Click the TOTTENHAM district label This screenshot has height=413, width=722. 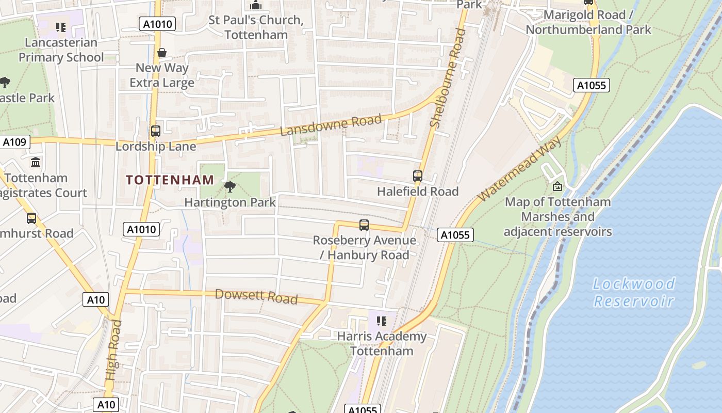170,180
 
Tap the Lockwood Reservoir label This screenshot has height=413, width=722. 634,292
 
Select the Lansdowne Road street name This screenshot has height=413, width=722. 331,125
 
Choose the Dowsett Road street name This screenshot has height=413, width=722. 256,296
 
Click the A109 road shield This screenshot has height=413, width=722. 15,142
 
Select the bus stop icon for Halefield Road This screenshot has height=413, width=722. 418,176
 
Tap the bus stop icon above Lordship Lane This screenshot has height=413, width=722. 156,131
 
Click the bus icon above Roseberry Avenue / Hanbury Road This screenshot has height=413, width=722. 364,225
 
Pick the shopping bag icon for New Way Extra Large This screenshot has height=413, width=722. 162,53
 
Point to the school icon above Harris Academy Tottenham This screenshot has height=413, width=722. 382,321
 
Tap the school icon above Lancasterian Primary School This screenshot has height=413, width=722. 61,27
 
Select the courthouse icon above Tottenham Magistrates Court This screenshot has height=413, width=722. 36,163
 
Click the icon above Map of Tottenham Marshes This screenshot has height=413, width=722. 557,186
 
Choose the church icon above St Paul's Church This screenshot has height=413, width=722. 256,5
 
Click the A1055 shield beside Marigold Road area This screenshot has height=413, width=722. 591,85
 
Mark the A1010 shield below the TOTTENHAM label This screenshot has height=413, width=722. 141,229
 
